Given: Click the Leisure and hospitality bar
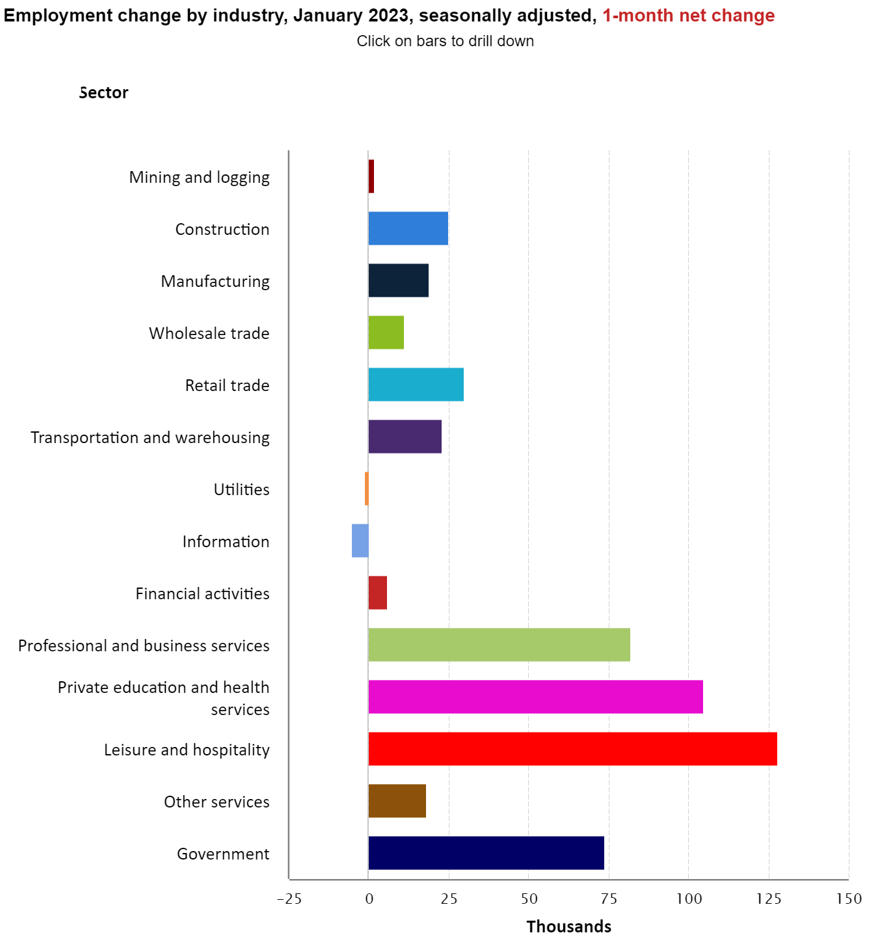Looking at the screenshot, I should (572, 749).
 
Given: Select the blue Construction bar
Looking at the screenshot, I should (408, 228).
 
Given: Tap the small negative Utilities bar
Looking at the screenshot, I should (367, 489).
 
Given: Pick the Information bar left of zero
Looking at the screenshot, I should (360, 541).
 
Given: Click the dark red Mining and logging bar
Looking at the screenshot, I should (371, 176).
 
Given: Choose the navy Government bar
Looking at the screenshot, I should (486, 853).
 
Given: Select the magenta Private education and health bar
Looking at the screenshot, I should (535, 697).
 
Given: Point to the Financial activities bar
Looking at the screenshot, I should (378, 593).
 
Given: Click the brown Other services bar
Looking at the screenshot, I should (397, 801).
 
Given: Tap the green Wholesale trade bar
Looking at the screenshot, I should (386, 332).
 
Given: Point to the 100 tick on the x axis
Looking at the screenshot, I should (689, 899).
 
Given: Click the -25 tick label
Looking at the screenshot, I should (289, 899).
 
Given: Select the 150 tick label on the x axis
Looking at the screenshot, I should (849, 899).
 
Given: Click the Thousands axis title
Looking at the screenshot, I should (568, 927).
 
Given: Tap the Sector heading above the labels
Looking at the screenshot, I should (104, 93).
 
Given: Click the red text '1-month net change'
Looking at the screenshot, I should (688, 16).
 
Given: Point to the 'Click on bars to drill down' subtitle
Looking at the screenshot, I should (445, 41).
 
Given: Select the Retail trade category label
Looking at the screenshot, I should (227, 385).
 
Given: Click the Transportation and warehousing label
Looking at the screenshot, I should (150, 437).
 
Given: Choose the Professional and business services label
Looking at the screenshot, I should (144, 645).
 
